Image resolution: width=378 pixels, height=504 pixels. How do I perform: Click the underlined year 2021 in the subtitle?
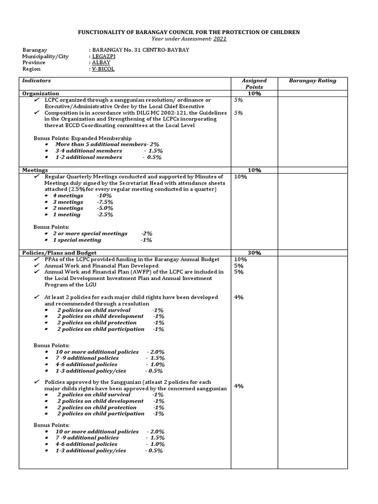coord(220,38)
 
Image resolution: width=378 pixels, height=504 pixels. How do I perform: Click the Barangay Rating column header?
coord(313,81)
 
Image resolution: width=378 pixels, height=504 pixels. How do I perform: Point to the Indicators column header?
coord(37,81)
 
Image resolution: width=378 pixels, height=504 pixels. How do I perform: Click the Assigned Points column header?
coord(254,84)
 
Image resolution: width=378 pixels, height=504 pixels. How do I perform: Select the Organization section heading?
coord(41,94)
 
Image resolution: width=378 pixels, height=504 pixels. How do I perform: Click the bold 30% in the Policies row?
coord(254,252)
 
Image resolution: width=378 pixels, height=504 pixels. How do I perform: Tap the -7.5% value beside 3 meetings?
coord(105,202)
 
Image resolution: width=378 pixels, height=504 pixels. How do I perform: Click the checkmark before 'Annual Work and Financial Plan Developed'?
coord(36,265)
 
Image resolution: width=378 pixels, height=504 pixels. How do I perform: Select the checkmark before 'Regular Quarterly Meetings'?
coord(36,176)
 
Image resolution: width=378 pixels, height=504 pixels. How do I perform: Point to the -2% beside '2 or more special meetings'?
coord(146,233)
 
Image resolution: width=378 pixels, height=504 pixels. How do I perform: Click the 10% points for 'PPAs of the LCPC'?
coord(241,259)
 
